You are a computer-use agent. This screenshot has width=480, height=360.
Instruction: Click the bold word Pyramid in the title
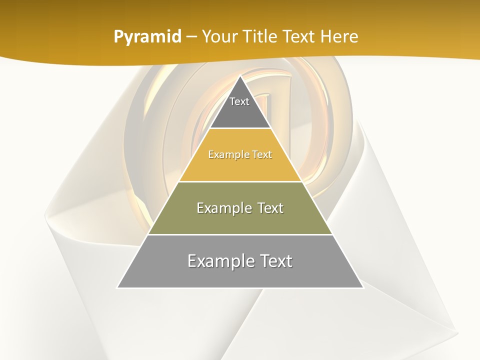point(147,37)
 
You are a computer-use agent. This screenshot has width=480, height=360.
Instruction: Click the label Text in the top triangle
point(239,101)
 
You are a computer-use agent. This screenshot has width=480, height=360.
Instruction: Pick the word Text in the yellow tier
point(260,155)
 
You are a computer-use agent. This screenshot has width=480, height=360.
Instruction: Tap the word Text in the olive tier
point(270,208)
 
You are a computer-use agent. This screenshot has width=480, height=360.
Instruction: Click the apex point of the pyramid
point(240,76)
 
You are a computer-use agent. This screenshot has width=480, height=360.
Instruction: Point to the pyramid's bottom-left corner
point(117,287)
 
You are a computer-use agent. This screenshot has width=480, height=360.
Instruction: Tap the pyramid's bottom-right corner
point(363,287)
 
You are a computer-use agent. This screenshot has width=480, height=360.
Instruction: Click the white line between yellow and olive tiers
point(240,181)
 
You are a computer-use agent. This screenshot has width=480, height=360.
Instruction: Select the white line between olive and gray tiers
point(240,234)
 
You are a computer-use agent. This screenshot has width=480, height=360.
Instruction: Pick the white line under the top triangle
point(240,128)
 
